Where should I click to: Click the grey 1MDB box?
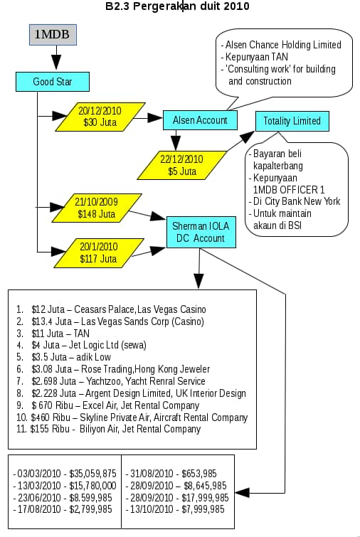point(53,35)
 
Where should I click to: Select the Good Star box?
point(53,82)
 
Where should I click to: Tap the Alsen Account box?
point(200,120)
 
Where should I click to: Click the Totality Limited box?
point(292,121)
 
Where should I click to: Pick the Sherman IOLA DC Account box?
point(201,232)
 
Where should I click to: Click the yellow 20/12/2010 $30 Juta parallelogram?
point(100,117)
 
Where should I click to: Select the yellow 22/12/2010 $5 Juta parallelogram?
point(182,165)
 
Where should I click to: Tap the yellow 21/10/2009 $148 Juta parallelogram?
point(97,208)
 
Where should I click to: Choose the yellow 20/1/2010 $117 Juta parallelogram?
point(99,252)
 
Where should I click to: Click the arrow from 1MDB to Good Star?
point(56,58)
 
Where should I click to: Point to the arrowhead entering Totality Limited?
point(248,137)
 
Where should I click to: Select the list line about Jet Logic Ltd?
point(82,345)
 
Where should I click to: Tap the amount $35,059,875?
point(92,474)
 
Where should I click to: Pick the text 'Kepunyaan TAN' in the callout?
point(257,57)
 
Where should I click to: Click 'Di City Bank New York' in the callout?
point(297,201)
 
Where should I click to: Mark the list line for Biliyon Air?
point(109,429)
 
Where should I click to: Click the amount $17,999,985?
point(205,497)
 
